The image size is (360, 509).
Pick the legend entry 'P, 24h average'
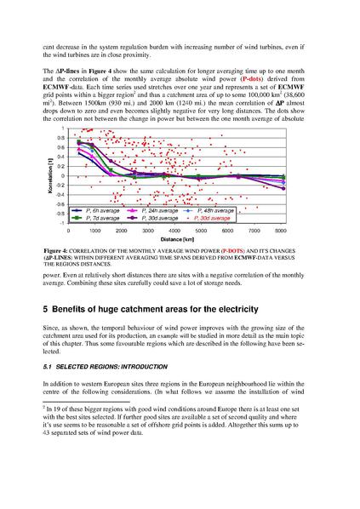[155, 209]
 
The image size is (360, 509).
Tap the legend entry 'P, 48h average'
[211, 209]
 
